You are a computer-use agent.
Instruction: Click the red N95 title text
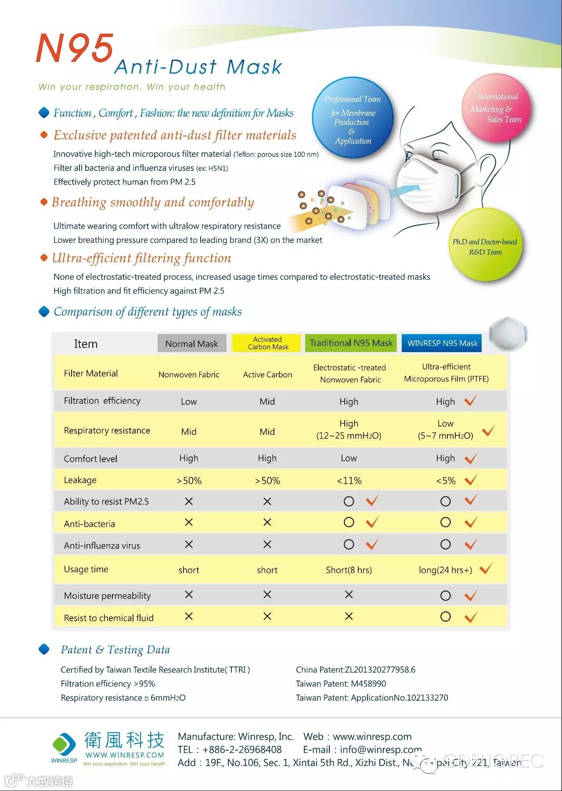[75, 48]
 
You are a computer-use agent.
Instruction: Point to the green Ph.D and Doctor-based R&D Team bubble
[485, 246]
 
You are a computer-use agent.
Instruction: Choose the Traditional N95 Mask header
[351, 343]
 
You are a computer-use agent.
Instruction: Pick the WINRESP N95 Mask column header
[442, 343]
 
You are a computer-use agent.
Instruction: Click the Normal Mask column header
[191, 344]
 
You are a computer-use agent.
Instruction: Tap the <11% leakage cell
[349, 481]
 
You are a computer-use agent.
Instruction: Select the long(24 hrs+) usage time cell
[445, 570]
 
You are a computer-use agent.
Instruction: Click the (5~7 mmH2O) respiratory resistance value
[445, 436]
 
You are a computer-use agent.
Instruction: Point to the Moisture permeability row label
[107, 595]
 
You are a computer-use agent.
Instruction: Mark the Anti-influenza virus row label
[102, 545]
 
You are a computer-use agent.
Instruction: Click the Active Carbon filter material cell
[267, 374]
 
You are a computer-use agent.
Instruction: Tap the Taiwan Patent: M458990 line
[341, 684]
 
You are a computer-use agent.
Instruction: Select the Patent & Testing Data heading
[115, 650]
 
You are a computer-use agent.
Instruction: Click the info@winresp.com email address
[381, 750]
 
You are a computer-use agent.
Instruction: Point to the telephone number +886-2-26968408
[242, 750]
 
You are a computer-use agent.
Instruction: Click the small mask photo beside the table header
[508, 334]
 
